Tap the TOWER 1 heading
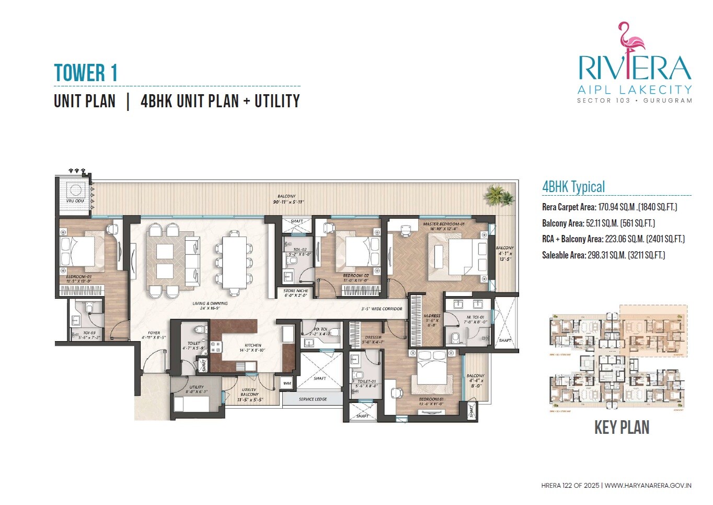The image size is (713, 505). pyautogui.click(x=86, y=73)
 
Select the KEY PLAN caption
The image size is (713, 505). pyautogui.click(x=622, y=428)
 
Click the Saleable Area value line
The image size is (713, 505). pyautogui.click(x=603, y=255)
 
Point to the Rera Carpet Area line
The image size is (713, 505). pyautogui.click(x=609, y=207)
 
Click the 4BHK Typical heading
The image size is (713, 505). pyautogui.click(x=573, y=187)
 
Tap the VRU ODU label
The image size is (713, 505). pyautogui.click(x=75, y=201)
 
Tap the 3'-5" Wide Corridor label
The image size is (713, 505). pyautogui.click(x=382, y=309)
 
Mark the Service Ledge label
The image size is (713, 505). pyautogui.click(x=313, y=399)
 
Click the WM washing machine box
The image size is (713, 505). pyautogui.click(x=287, y=384)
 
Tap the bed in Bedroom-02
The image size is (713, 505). pyautogui.click(x=359, y=251)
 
